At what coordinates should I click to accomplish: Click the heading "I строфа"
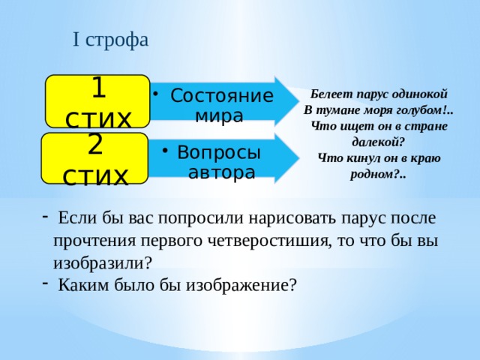(x=110, y=39)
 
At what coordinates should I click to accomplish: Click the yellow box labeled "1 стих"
(x=97, y=101)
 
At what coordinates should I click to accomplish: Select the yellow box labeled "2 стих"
(x=94, y=159)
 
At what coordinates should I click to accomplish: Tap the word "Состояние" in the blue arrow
(x=221, y=97)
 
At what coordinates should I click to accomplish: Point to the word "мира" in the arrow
(x=219, y=116)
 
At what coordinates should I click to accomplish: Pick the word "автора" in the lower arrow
(x=222, y=172)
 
